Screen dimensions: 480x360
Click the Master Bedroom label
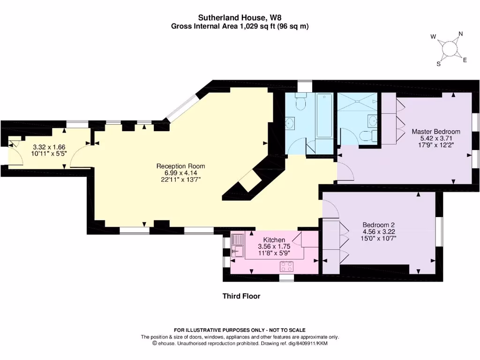436,132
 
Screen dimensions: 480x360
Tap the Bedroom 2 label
379,225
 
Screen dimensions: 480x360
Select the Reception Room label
180,166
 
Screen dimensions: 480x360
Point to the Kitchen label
274,240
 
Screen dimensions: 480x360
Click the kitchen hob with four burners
286,266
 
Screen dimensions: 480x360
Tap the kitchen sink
237,246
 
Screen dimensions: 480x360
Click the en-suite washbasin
373,121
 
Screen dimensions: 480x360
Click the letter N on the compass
460,34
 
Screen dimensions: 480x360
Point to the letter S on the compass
438,64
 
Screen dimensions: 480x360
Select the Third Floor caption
241,296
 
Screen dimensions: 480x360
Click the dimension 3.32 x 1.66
49,147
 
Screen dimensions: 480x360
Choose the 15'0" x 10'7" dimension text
379,238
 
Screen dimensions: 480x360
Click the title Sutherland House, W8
240,17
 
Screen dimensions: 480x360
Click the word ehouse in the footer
166,344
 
